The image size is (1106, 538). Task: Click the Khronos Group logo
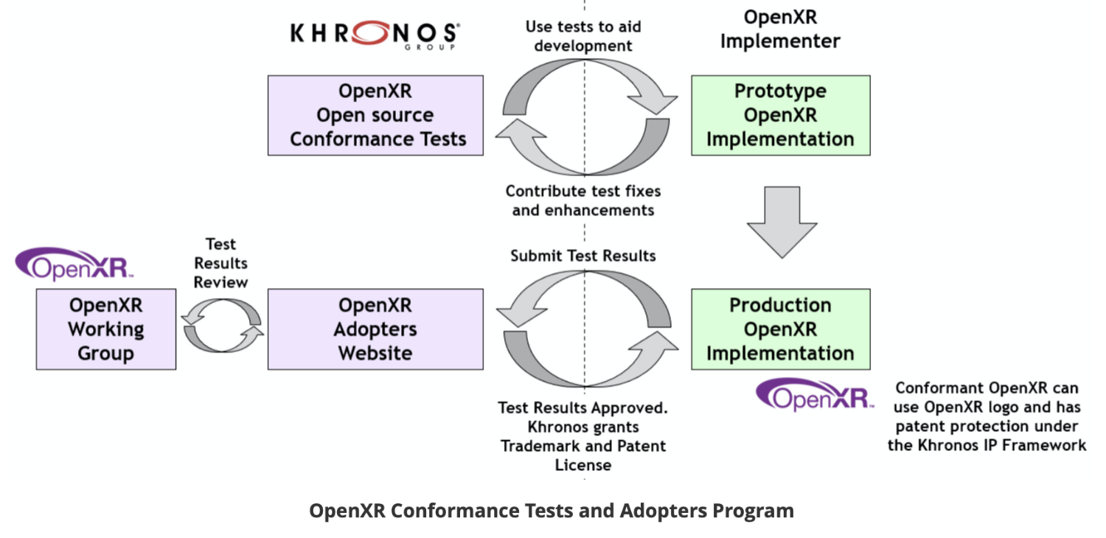[375, 35]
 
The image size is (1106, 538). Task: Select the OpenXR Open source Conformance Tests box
[375, 115]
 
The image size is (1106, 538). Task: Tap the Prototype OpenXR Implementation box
[780, 115]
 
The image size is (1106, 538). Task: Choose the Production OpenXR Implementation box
[780, 329]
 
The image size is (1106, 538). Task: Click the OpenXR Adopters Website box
[375, 329]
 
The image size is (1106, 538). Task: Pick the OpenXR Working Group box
[105, 329]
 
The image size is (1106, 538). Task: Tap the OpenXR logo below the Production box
[815, 395]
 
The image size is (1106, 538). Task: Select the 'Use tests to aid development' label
[583, 36]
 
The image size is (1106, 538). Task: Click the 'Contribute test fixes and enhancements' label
[583, 200]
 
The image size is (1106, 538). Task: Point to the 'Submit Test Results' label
[583, 256]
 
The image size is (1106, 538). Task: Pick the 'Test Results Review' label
[221, 263]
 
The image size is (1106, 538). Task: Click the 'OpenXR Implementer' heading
[780, 29]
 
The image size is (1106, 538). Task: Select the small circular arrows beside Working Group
[222, 326]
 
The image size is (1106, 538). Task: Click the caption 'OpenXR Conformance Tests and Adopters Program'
[552, 511]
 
